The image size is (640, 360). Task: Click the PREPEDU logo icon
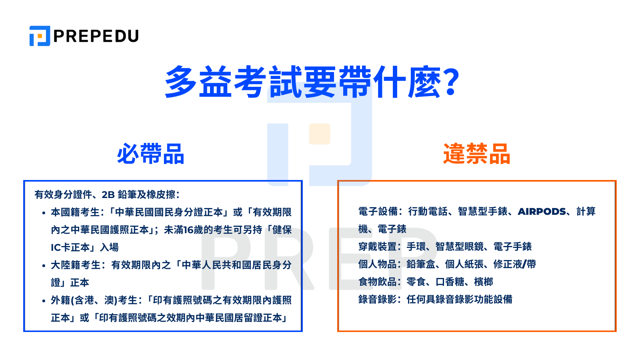click(40, 36)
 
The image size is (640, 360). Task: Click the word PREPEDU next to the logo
click(96, 36)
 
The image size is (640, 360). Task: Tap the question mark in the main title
click(451, 82)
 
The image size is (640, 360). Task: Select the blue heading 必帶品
click(150, 154)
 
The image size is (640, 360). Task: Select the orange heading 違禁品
click(476, 154)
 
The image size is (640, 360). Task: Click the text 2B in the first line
click(108, 195)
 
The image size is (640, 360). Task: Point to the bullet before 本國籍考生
click(44, 213)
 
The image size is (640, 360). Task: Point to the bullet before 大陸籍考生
click(44, 266)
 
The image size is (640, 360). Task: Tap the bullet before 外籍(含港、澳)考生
click(44, 301)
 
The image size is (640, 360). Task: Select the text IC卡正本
click(70, 248)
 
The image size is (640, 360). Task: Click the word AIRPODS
click(542, 212)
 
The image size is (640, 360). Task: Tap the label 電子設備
click(378, 212)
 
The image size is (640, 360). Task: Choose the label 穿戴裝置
click(378, 247)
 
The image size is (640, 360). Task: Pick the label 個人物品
click(378, 264)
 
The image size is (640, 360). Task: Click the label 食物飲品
click(378, 282)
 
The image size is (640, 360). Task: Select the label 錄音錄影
click(378, 300)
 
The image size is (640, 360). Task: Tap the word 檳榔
click(484, 282)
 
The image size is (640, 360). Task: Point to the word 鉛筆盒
click(421, 264)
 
